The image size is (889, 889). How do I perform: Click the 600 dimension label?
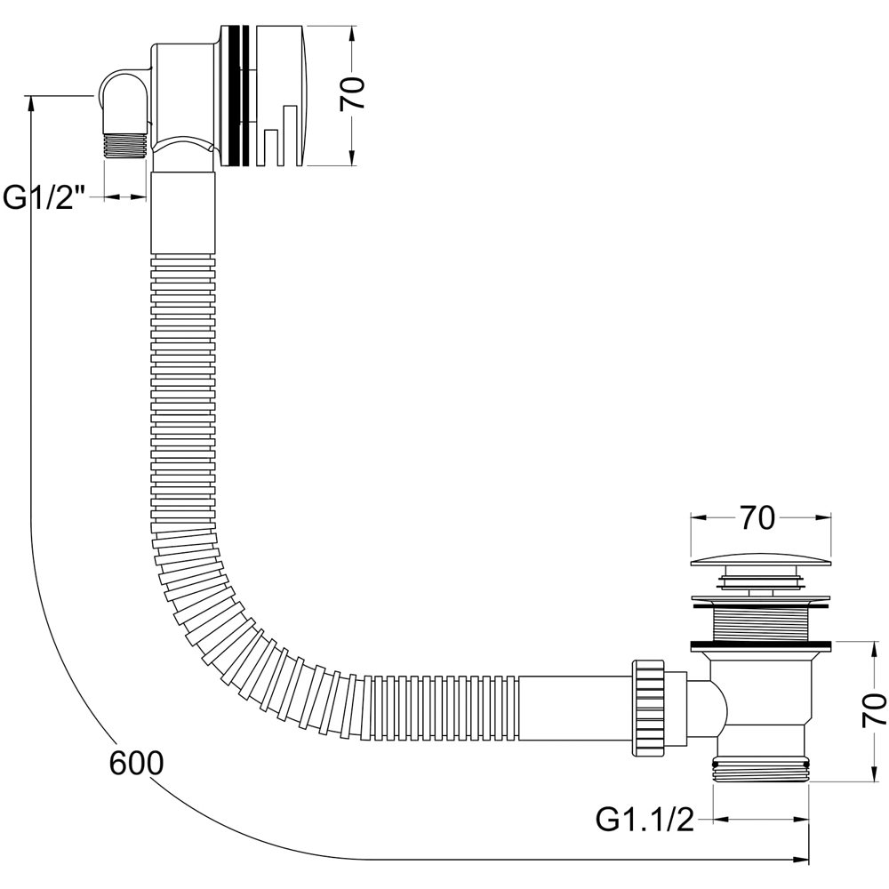pos(136,763)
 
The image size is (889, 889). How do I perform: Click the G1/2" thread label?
pos(44,198)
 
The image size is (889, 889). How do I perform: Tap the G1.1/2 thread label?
pos(645,820)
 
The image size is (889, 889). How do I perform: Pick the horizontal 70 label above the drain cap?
pos(757,517)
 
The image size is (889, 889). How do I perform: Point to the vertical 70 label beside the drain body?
pos(874,710)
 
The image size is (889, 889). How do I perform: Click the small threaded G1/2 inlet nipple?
pos(124,147)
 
